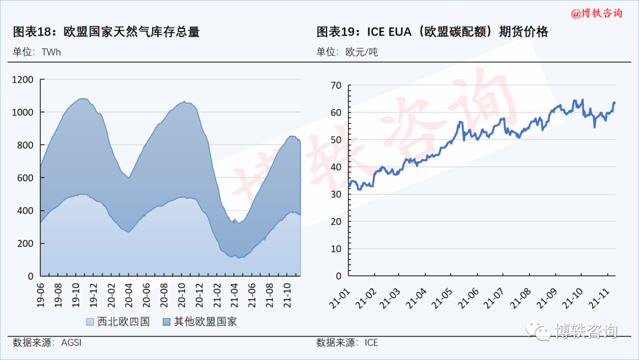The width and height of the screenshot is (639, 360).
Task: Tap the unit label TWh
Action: [x=51, y=52]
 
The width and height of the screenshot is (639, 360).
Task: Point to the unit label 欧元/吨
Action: [x=362, y=52]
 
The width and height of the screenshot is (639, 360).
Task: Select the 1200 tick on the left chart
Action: [x=22, y=79]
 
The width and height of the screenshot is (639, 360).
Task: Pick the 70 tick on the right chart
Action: [x=336, y=85]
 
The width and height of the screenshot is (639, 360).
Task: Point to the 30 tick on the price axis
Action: [x=336, y=194]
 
